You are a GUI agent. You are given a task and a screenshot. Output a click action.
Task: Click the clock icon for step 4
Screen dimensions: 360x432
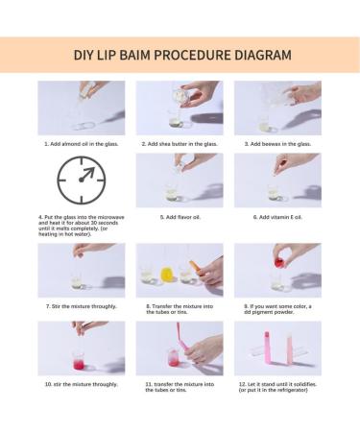point(82,180)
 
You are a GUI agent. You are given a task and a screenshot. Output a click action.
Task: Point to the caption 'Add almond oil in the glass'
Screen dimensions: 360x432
point(82,144)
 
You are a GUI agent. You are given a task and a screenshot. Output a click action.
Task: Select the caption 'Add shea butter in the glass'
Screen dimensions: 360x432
point(180,144)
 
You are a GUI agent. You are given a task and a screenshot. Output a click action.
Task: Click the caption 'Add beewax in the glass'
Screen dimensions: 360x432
point(277,144)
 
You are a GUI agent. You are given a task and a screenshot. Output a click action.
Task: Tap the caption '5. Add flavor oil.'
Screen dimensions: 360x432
point(180,217)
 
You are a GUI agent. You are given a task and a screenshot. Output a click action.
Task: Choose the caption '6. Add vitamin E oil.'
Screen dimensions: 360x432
point(277,217)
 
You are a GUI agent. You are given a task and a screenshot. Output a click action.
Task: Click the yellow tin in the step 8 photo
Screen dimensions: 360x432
point(167,275)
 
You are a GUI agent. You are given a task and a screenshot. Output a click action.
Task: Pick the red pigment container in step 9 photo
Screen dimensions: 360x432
point(279,260)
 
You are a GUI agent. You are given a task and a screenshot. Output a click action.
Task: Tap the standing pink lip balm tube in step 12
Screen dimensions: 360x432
point(267,348)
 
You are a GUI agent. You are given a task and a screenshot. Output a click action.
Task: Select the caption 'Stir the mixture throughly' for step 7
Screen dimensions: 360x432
point(82,306)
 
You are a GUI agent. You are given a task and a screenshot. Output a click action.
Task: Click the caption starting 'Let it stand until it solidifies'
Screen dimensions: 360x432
point(277,387)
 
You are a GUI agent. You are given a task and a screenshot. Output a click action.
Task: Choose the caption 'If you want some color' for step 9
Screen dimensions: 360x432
point(277,309)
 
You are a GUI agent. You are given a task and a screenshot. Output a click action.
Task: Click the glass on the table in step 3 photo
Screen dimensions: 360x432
point(266,126)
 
